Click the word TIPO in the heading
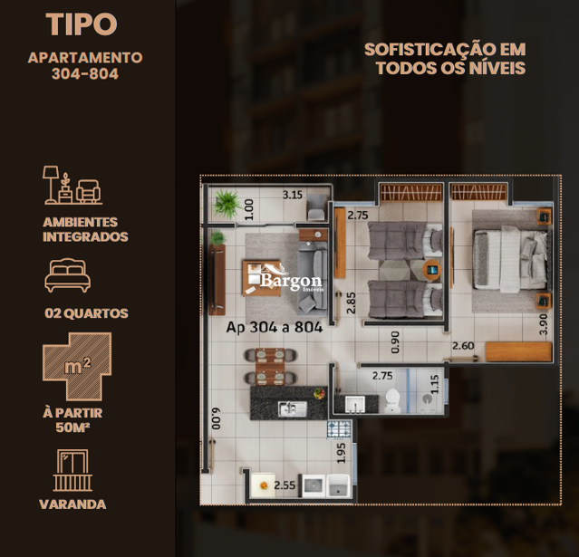click(x=82, y=24)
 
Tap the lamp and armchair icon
click(x=72, y=185)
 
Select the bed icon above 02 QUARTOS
click(x=68, y=275)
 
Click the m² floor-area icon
click(x=77, y=367)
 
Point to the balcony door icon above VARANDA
click(x=72, y=470)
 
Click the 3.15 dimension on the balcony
click(x=293, y=195)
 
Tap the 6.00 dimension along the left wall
click(x=216, y=418)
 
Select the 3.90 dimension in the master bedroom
click(x=543, y=324)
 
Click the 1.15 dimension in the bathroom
click(x=435, y=384)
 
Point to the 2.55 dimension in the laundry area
click(x=285, y=485)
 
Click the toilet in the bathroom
click(x=392, y=401)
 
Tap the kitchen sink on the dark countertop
click(x=293, y=408)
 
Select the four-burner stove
click(x=339, y=429)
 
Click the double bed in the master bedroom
click(x=511, y=257)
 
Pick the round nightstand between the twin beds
click(x=432, y=270)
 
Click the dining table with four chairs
click(x=270, y=366)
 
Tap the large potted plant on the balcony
click(x=227, y=203)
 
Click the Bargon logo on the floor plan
click(x=286, y=278)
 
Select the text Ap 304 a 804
click(x=275, y=327)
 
